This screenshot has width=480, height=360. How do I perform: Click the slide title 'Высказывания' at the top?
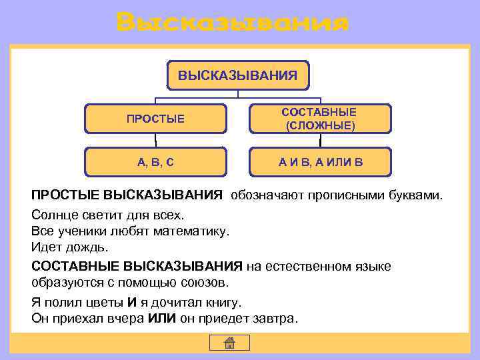(x=231, y=22)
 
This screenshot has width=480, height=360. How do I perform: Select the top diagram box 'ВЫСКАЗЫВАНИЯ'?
(x=237, y=75)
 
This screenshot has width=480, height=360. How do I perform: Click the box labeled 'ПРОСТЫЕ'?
(x=155, y=119)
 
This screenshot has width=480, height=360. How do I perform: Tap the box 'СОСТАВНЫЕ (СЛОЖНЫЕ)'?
(x=319, y=119)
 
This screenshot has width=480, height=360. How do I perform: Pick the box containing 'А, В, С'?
(x=155, y=161)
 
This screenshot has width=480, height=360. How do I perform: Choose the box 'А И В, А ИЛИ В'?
(x=319, y=161)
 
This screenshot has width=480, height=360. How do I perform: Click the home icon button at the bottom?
(x=229, y=343)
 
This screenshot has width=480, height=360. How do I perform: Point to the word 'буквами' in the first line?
(x=418, y=196)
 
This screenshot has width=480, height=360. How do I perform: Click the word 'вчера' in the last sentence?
(x=125, y=318)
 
